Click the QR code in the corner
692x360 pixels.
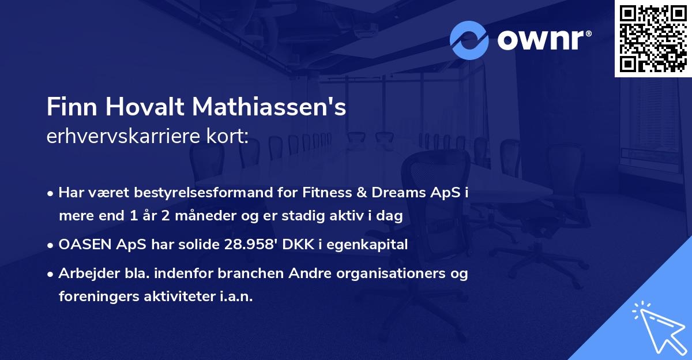653,38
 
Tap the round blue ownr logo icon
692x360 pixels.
469,40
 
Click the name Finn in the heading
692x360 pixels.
68,107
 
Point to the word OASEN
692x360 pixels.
81,245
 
